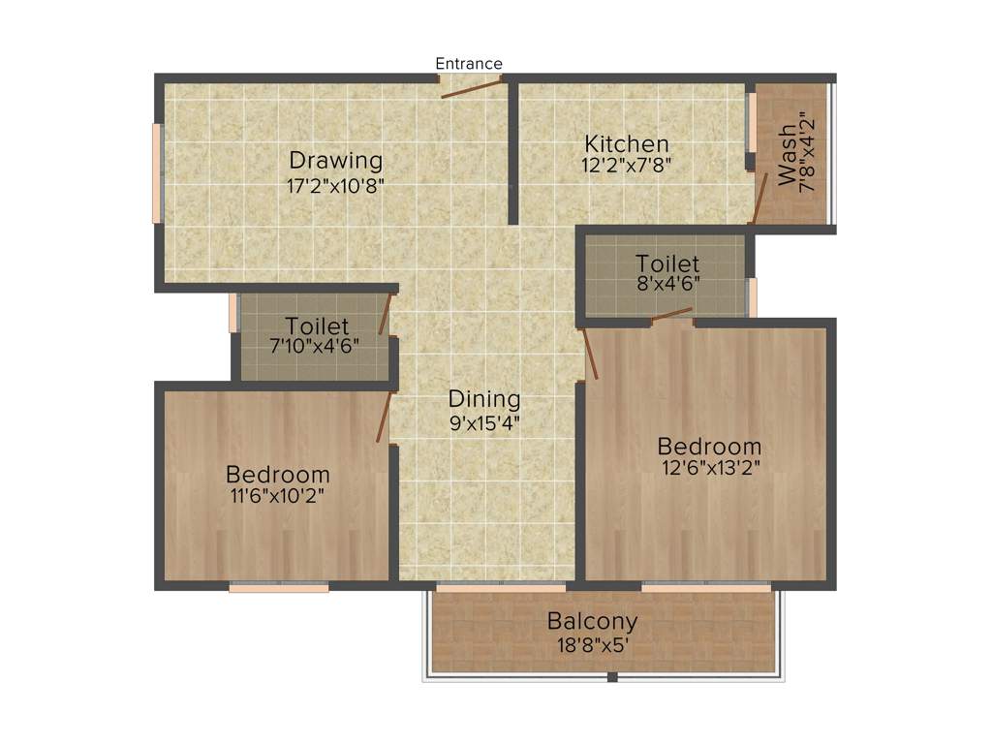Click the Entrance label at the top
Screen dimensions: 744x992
(x=469, y=64)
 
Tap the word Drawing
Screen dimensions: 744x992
(x=336, y=161)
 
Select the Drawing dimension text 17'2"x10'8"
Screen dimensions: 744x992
(x=336, y=186)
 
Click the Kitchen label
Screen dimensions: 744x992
(x=627, y=144)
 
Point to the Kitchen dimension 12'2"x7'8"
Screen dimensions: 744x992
(x=627, y=165)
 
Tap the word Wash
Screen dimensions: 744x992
(x=788, y=155)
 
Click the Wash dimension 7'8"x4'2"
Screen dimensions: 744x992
(x=808, y=155)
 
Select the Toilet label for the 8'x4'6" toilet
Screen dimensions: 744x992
(x=667, y=263)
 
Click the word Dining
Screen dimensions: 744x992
(x=484, y=398)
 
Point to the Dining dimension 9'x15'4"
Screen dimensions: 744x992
(x=484, y=422)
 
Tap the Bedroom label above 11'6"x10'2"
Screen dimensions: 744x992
(x=278, y=475)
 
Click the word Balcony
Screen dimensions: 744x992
(x=592, y=621)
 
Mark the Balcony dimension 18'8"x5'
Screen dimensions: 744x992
(x=592, y=644)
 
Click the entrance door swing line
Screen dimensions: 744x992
(x=472, y=88)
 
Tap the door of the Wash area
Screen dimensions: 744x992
(x=760, y=199)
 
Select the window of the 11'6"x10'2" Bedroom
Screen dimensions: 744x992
(x=279, y=586)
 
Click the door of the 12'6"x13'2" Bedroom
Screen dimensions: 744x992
(x=590, y=355)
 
